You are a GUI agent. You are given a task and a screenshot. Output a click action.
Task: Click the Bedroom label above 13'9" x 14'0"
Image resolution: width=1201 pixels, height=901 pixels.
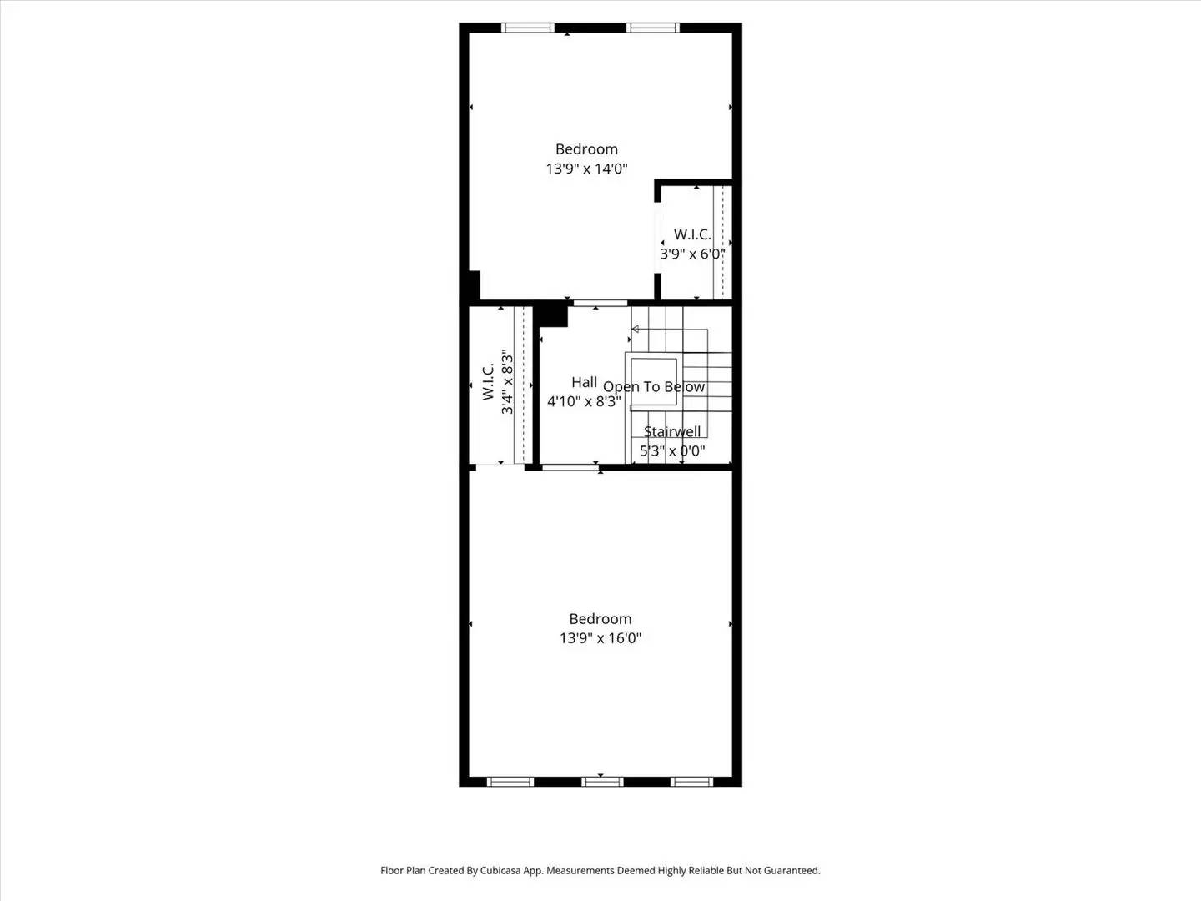[x=586, y=149]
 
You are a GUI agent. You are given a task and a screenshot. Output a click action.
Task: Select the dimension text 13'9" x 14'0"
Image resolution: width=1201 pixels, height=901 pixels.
[x=586, y=169]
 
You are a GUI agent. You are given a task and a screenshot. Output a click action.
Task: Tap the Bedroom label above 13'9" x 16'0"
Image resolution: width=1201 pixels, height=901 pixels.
[x=600, y=619]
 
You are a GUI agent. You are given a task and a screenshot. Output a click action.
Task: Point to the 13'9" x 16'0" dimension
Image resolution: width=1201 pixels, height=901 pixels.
[x=600, y=638]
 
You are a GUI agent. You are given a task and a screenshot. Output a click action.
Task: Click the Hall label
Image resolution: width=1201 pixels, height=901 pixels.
[x=584, y=382]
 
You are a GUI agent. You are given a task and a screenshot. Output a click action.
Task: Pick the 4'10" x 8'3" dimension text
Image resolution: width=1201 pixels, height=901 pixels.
[x=584, y=401]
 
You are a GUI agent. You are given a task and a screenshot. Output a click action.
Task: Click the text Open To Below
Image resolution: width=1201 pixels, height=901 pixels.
[x=654, y=387]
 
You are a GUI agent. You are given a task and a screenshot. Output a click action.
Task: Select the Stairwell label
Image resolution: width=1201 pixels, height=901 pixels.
[x=672, y=431]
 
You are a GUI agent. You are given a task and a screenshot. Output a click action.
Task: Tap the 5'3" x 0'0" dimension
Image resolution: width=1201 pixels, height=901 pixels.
[x=672, y=451]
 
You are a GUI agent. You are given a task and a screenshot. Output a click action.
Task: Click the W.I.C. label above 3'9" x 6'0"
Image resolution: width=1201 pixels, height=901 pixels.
[x=692, y=234]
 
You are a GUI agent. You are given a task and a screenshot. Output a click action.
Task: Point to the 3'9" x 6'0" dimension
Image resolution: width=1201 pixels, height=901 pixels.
[x=692, y=254]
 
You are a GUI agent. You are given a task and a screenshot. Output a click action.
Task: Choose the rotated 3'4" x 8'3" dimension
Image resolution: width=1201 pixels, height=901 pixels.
[x=507, y=383]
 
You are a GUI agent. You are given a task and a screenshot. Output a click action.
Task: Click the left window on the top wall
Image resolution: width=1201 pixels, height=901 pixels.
[x=527, y=28]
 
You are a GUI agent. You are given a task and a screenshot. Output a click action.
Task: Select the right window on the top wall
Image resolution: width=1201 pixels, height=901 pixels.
[x=653, y=28]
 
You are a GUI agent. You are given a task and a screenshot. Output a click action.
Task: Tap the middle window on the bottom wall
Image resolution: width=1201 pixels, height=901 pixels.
[x=602, y=782]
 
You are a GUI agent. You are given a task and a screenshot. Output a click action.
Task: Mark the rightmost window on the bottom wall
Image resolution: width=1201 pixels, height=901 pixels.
[x=692, y=782]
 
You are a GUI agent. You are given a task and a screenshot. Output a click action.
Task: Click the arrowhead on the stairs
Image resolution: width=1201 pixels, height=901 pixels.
[x=636, y=330]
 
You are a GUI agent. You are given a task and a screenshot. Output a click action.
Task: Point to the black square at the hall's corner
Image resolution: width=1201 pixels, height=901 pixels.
[x=551, y=315]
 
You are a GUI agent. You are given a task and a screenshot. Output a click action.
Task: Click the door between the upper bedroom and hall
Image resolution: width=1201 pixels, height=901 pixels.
[x=600, y=303]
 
